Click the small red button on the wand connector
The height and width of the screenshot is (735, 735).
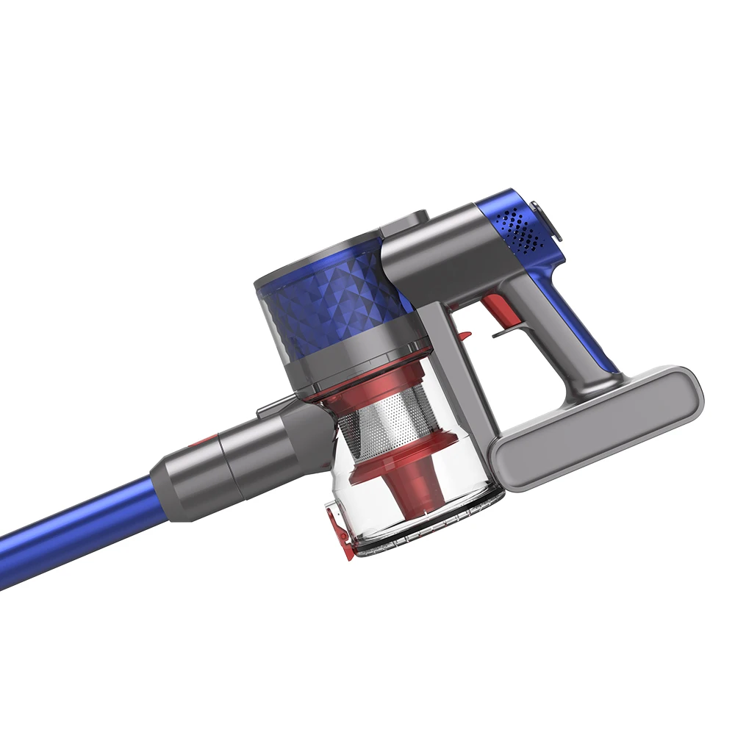pos(207,442)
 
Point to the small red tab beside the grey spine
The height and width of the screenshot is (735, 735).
pos(463,336)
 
